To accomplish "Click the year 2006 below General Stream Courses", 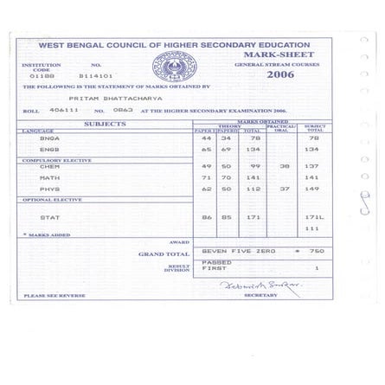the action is pos(279,74).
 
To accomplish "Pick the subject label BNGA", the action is pos(49,138).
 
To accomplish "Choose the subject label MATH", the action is pos(49,177).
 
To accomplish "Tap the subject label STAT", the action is pos(49,217).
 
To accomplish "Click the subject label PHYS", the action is pos(49,189).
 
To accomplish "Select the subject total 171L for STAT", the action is pos(313,217).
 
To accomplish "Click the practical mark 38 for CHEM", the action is pos(285,166).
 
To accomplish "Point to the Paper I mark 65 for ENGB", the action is pos(206,149).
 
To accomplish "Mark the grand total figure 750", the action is pos(316,251).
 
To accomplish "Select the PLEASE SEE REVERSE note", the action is pos(54,296).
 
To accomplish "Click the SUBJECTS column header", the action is pos(105,125).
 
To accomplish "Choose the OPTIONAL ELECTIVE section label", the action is pos(52,200).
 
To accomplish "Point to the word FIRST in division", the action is pos(214,268).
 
